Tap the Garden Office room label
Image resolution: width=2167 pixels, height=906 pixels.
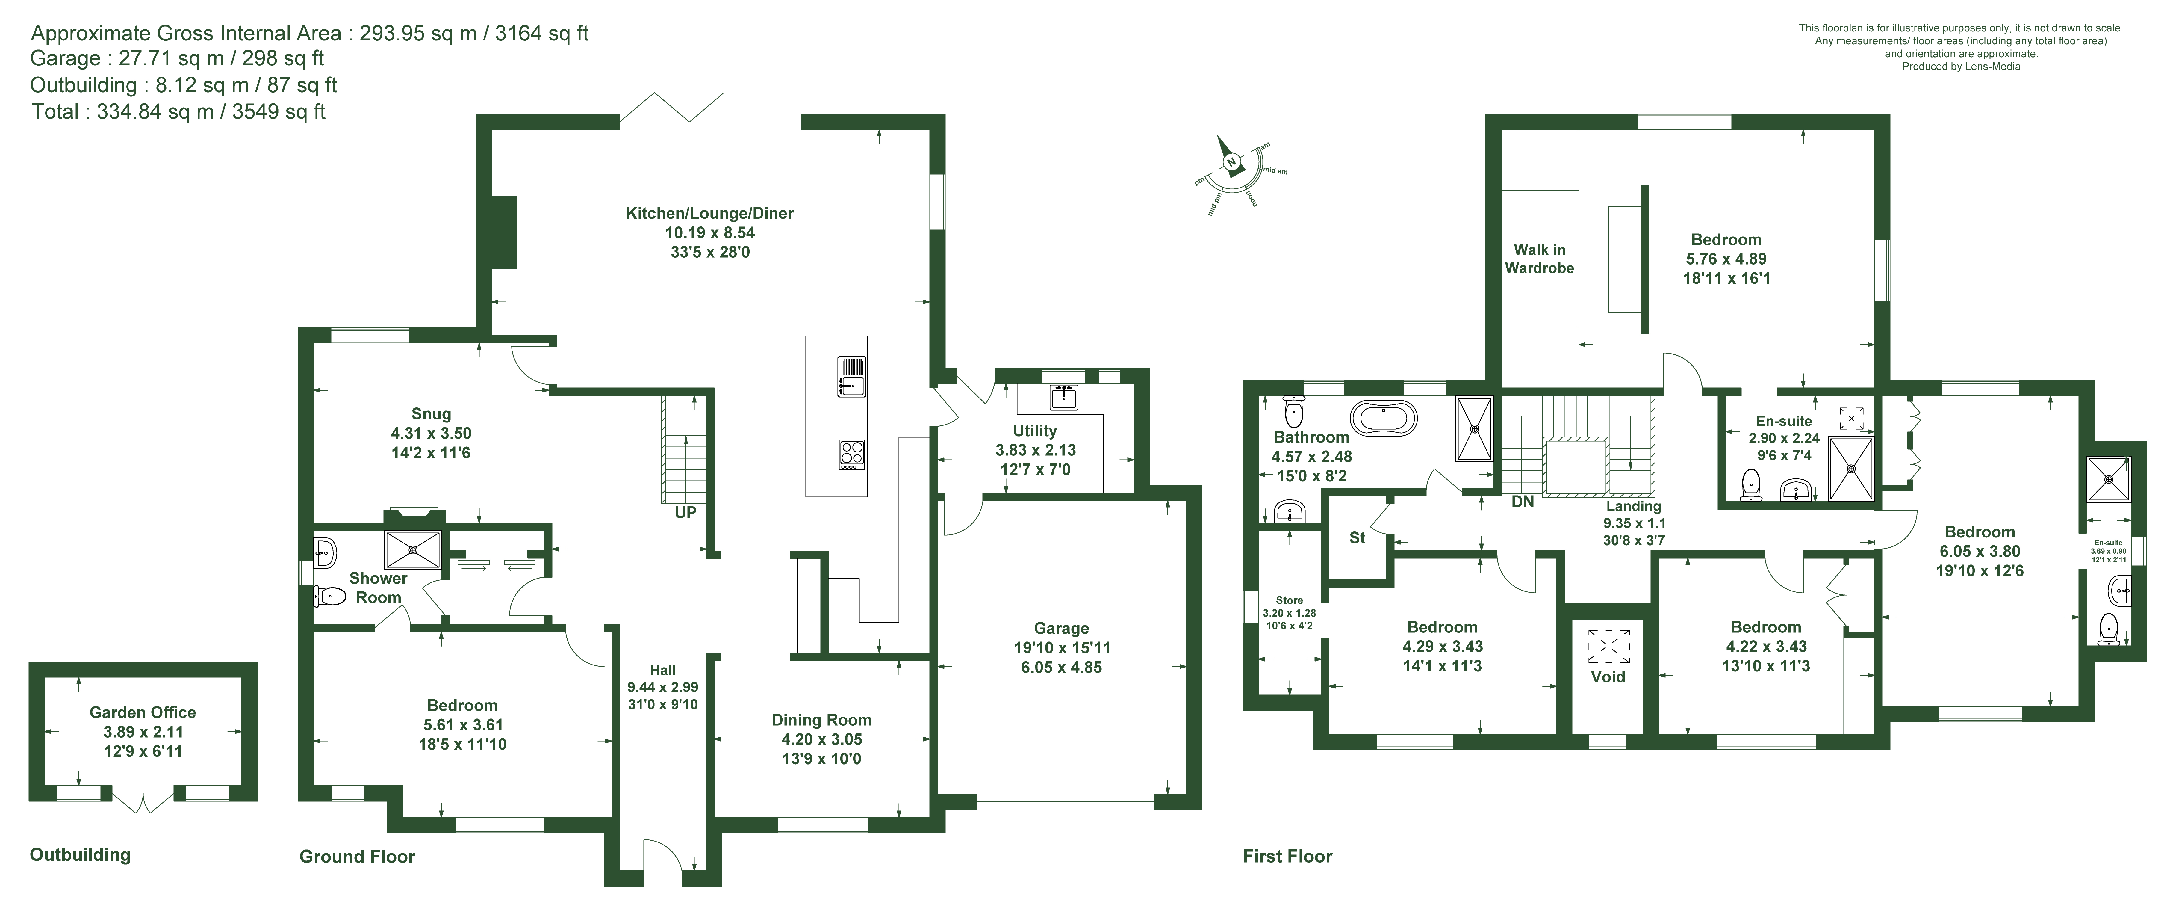click(x=143, y=712)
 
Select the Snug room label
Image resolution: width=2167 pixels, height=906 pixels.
click(x=431, y=414)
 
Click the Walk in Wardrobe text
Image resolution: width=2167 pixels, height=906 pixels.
click(x=1539, y=259)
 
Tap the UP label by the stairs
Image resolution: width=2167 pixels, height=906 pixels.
click(x=685, y=512)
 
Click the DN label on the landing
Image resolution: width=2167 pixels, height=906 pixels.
click(x=1523, y=502)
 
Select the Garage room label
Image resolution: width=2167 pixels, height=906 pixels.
click(x=1062, y=628)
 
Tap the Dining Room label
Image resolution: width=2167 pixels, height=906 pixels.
click(x=822, y=720)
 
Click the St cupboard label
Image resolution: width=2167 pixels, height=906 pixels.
click(x=1357, y=538)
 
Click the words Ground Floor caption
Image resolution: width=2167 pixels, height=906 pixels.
click(x=358, y=856)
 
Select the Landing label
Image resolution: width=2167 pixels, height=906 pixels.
click(x=1634, y=506)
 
